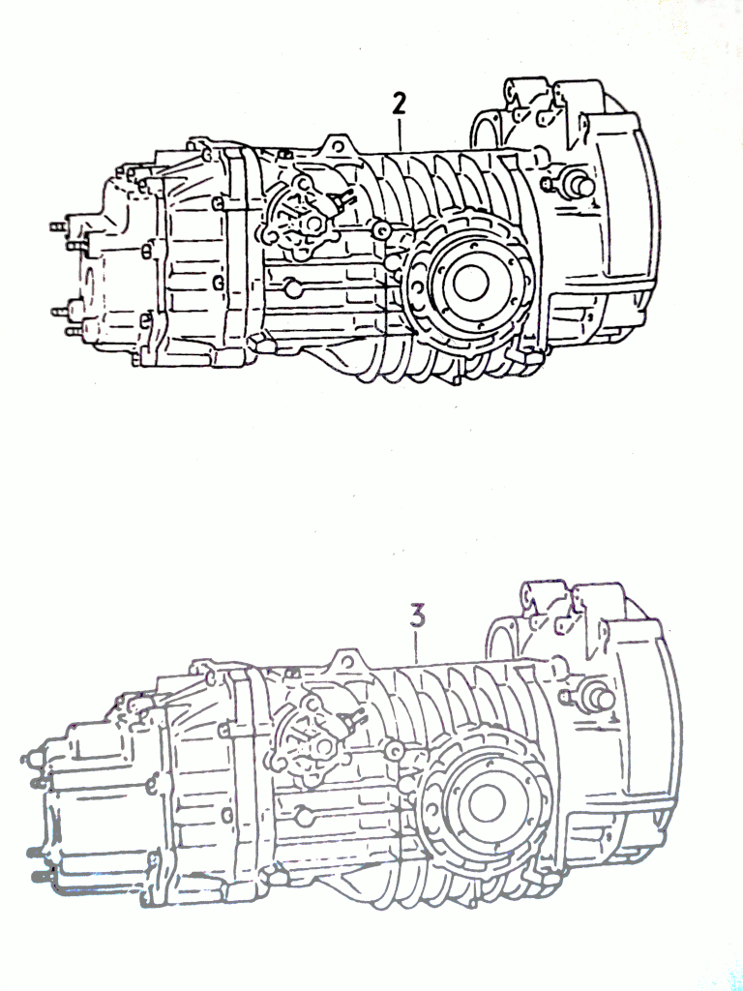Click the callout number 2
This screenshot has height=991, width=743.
pos(399,105)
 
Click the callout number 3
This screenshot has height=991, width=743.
pos(417,616)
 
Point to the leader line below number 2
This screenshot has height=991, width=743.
pos(400,135)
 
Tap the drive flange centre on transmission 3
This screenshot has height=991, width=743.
pos(488,803)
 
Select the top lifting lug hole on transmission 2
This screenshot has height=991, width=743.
pos(338,147)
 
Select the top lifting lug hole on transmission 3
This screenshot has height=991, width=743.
pos(347,661)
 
